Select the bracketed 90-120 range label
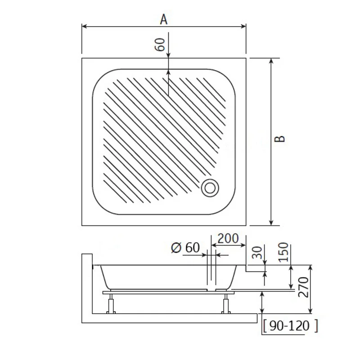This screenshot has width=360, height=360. [x=290, y=325]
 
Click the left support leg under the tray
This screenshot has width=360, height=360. [x=110, y=304]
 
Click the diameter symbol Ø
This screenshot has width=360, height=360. [x=176, y=247]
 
